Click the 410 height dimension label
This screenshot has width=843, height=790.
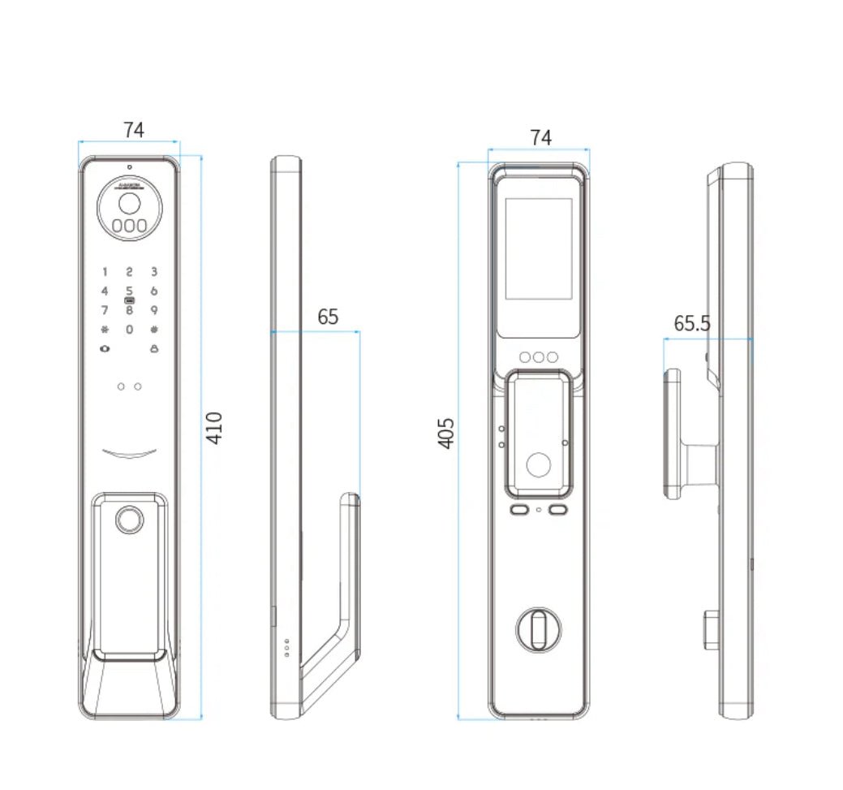[x=213, y=428]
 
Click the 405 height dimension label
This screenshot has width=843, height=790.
[x=445, y=434]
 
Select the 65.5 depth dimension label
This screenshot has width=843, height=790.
[x=691, y=323]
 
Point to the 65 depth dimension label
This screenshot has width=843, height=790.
[x=328, y=317]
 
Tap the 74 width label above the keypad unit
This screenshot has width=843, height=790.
[x=134, y=130]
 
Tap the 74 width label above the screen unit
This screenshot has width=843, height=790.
[x=540, y=138]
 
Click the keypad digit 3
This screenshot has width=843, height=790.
[x=153, y=272]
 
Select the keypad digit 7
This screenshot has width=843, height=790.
[x=104, y=310]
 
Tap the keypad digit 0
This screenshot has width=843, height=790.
[x=129, y=330]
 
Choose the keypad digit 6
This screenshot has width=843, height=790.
[x=153, y=291]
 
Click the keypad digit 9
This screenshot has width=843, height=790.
[x=153, y=310]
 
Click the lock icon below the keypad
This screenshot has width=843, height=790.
[x=153, y=349]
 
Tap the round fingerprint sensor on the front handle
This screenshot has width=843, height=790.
[x=129, y=520]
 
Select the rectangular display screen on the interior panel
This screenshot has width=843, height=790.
[x=538, y=248]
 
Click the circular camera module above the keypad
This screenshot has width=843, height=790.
[x=129, y=209]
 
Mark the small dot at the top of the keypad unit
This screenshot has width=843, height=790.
[x=129, y=168]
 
